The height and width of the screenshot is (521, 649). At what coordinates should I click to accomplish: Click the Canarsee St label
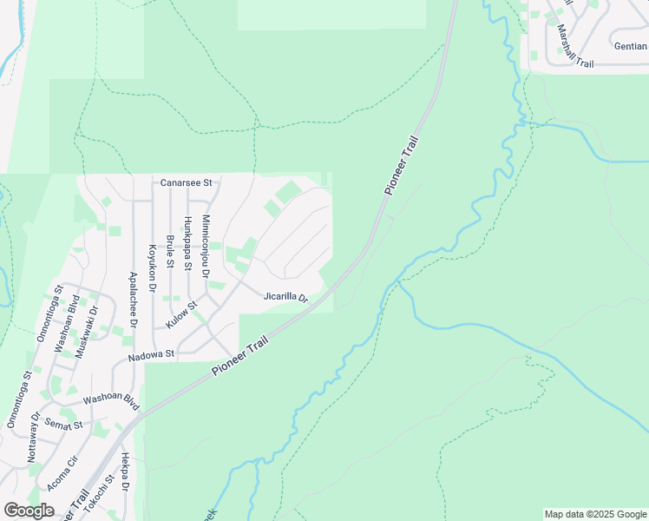(187, 183)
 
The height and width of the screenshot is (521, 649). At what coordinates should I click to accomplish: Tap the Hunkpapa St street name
(187, 243)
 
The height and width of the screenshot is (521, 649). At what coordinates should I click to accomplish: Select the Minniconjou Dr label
(206, 247)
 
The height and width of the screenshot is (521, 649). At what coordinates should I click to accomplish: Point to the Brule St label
(170, 251)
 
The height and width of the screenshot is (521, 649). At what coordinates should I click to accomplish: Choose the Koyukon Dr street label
(152, 267)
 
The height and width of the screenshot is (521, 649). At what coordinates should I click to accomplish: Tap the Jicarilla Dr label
(286, 297)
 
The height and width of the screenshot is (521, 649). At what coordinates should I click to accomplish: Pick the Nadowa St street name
(152, 354)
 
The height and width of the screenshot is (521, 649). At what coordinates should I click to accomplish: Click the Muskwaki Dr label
(84, 328)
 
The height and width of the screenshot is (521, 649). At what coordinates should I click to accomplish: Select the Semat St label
(65, 425)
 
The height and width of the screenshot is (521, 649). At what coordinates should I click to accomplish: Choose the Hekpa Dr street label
(125, 472)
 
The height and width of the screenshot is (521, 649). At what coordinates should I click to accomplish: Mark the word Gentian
(630, 46)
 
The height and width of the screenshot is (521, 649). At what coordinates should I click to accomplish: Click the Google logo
(29, 511)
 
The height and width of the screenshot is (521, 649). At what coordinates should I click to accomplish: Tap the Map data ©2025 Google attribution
(594, 514)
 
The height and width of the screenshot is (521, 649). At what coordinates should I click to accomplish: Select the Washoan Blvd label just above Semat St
(111, 402)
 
